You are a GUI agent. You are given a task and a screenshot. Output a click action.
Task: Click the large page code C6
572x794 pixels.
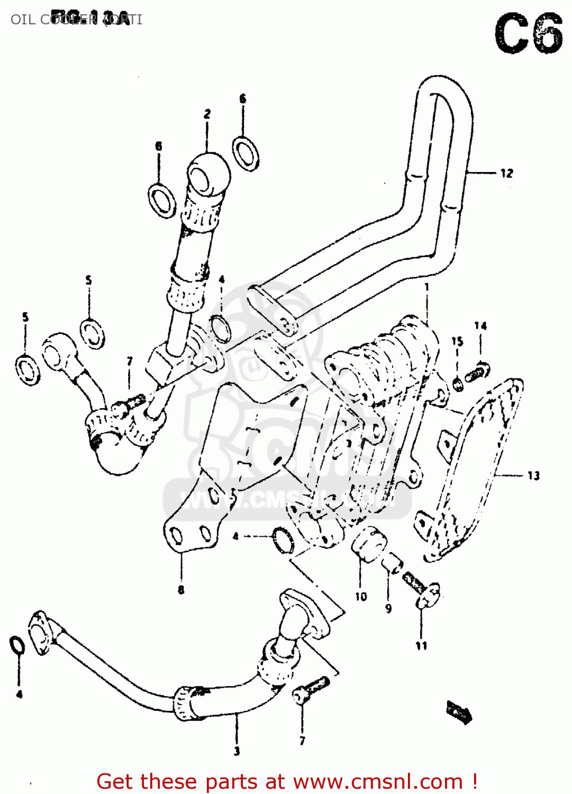tap(529, 34)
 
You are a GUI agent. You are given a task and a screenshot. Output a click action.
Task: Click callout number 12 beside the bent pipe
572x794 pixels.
tap(506, 173)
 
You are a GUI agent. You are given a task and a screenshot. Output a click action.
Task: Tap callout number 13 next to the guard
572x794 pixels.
tap(533, 475)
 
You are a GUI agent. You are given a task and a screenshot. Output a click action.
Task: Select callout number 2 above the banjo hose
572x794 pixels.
tap(207, 114)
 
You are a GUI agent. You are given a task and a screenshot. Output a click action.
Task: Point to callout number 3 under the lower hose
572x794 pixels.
tap(237, 751)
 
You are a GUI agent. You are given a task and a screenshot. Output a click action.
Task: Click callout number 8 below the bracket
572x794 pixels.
tap(181, 590)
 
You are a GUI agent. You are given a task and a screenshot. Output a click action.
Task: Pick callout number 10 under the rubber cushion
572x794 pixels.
tap(361, 597)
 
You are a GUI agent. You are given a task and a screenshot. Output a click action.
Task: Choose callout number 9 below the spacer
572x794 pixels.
tap(388, 609)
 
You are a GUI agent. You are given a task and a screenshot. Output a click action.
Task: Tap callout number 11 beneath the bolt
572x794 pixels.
tap(421, 646)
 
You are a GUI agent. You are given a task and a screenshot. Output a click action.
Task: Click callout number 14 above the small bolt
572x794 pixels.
tap(480, 326)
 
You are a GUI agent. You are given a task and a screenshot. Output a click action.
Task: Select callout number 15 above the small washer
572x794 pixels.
tap(457, 341)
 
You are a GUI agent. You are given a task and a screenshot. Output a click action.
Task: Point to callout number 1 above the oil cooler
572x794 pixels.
tap(426, 287)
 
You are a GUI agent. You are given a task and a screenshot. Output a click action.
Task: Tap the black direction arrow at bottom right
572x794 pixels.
tap(458, 711)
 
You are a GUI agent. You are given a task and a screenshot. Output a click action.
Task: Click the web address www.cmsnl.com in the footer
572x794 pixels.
tap(378, 781)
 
